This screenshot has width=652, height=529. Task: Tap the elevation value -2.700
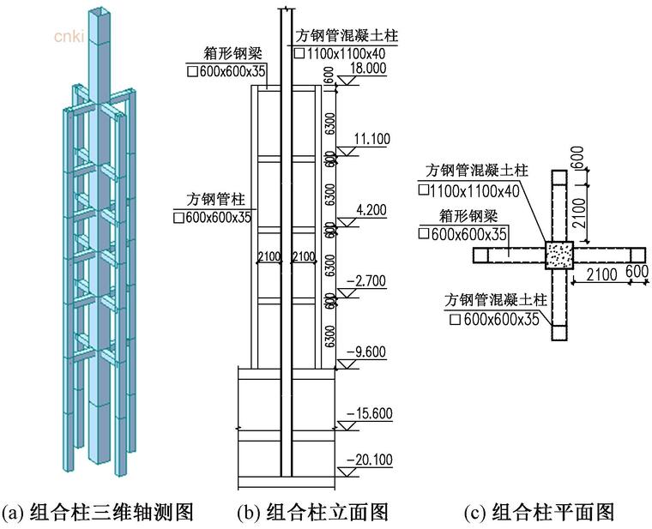tap(371, 280)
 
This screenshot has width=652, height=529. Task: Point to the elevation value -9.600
tap(371, 351)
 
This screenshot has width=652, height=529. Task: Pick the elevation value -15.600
tap(369, 414)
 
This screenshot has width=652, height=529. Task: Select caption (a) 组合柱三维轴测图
tap(98, 513)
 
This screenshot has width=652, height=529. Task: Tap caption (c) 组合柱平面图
tap(540, 513)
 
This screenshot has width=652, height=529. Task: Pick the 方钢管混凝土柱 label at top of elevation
tap(347, 36)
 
